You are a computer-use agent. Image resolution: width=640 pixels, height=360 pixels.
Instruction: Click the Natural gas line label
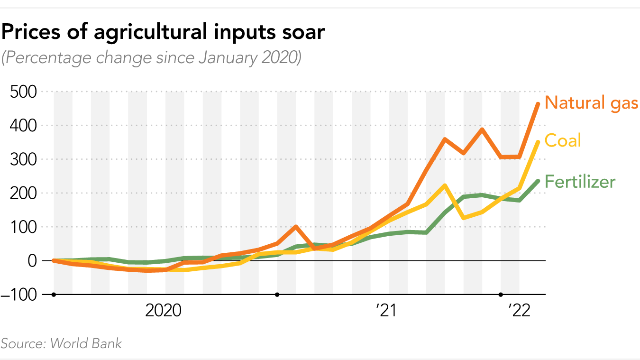591,102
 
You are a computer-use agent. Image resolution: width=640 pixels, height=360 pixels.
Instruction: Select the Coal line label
563,140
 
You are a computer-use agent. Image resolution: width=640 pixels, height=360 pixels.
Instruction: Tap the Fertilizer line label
580,182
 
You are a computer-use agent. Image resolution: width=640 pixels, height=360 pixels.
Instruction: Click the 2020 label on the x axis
163,311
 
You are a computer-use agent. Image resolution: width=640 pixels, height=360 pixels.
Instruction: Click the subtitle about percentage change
151,58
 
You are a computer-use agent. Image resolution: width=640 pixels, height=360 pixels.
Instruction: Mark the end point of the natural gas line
538,104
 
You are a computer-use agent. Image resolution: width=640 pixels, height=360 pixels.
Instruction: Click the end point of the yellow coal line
538,142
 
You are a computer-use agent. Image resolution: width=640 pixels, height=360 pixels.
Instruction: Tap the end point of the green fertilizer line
538,181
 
